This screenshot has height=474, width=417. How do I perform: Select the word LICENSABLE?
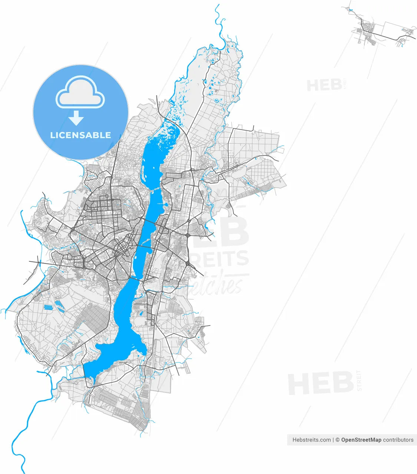click(x=80, y=135)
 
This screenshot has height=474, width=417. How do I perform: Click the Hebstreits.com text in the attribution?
click(x=311, y=440)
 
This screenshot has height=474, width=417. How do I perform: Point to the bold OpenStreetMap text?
click(x=361, y=440)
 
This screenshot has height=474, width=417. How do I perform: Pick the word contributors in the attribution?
click(x=398, y=440)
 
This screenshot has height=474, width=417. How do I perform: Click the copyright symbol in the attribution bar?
click(x=338, y=440)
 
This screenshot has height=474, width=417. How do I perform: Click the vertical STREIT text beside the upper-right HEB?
click(x=345, y=84)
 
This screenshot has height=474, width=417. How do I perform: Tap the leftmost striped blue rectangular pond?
click(x=48, y=307)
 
